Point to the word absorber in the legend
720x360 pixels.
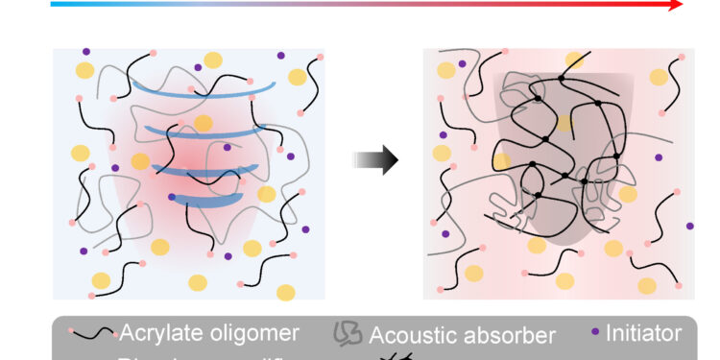tap(512, 335)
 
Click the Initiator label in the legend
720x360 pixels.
tap(643, 334)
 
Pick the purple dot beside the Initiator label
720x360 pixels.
tap(596, 334)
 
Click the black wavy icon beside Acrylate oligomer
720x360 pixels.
tap(94, 335)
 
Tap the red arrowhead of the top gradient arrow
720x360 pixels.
tap(676, 5)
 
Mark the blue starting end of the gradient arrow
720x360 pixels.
tap(55, 5)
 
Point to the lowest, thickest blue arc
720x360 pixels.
tap(204, 201)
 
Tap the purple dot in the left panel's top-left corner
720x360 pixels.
tap(85, 52)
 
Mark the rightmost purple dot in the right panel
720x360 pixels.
tap(689, 226)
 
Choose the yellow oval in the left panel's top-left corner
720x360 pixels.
tap(85, 70)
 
